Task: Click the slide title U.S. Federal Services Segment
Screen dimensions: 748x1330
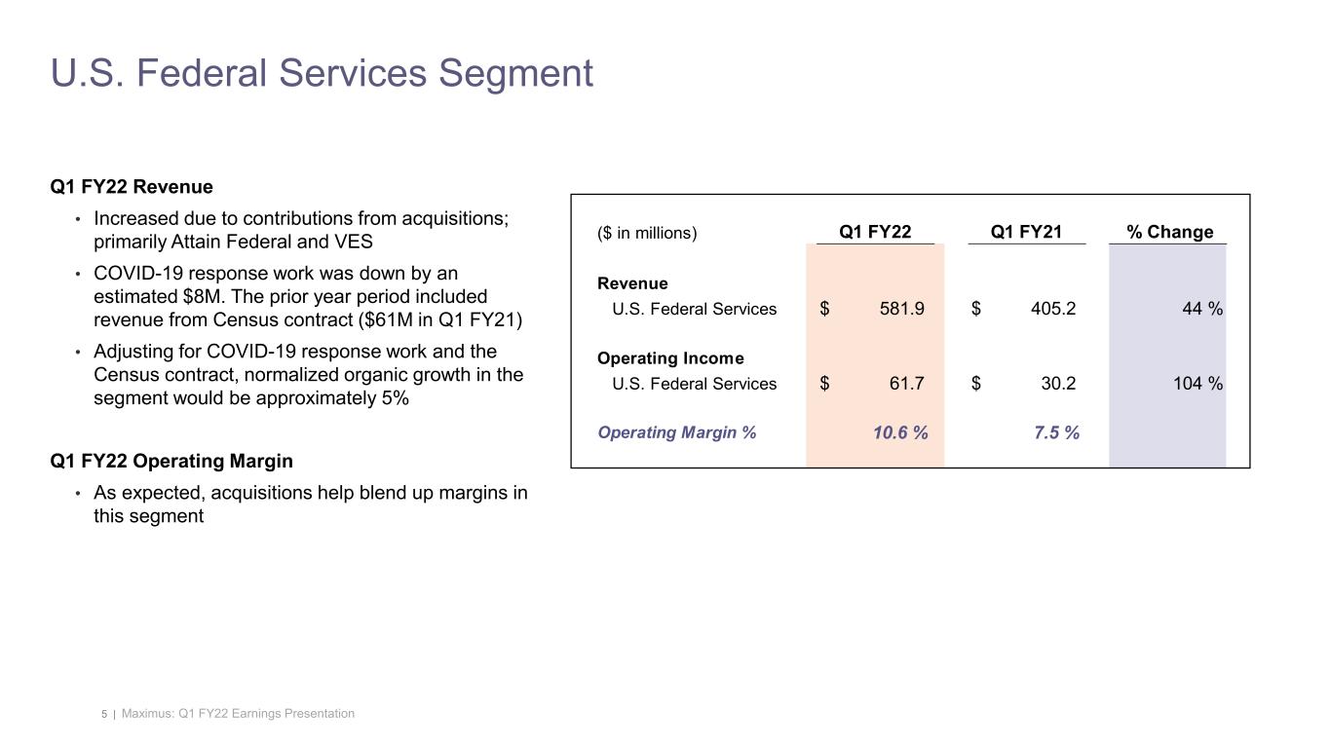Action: tap(322, 73)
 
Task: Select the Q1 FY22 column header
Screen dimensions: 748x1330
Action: tap(875, 232)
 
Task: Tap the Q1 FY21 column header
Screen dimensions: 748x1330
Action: tap(1025, 232)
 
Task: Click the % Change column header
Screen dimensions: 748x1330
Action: tap(1169, 232)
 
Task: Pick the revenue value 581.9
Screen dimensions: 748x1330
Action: tap(901, 309)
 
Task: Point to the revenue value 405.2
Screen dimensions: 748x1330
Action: tap(1052, 309)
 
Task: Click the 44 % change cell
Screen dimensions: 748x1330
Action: tap(1202, 309)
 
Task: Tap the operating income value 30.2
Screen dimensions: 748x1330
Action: tap(1057, 383)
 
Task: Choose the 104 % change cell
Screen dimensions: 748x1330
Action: tap(1197, 383)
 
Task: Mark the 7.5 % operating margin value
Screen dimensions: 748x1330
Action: tap(1056, 432)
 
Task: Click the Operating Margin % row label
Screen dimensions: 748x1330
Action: tap(676, 432)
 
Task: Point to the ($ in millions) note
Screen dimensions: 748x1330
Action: tap(647, 233)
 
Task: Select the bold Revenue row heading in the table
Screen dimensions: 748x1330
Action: tap(632, 283)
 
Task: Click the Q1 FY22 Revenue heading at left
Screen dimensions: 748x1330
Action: tap(132, 186)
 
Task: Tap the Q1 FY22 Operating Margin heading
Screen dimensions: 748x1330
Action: tap(171, 461)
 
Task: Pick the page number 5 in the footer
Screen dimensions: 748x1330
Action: tap(104, 715)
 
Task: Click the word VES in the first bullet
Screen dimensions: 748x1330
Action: tap(354, 242)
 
